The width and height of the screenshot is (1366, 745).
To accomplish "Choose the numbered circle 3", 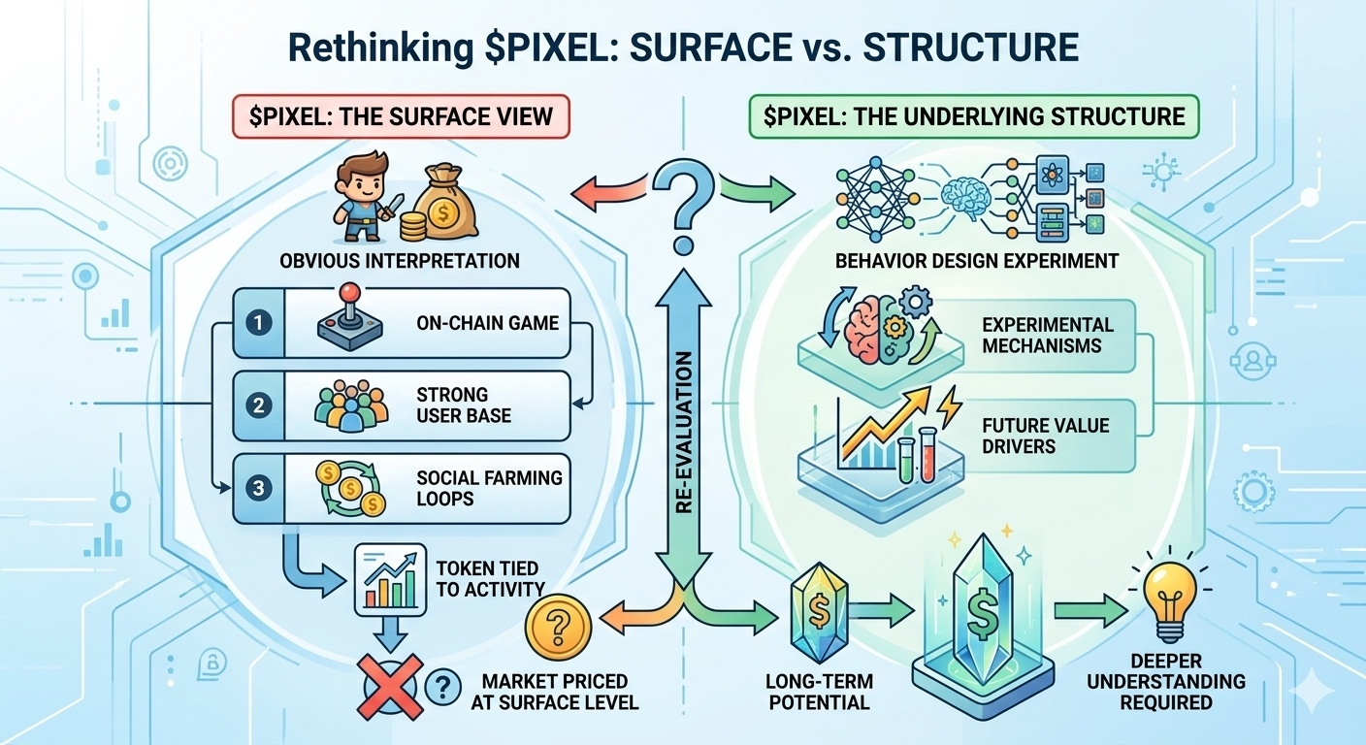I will pos(258,488).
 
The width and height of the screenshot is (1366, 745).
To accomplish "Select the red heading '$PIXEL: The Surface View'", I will pos(400,117).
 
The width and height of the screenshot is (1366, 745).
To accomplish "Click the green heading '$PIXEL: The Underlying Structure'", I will pos(973,117).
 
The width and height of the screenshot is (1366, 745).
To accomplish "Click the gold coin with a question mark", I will pos(558,626).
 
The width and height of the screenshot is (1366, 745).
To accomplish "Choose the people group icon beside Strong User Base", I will pos(350,405).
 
